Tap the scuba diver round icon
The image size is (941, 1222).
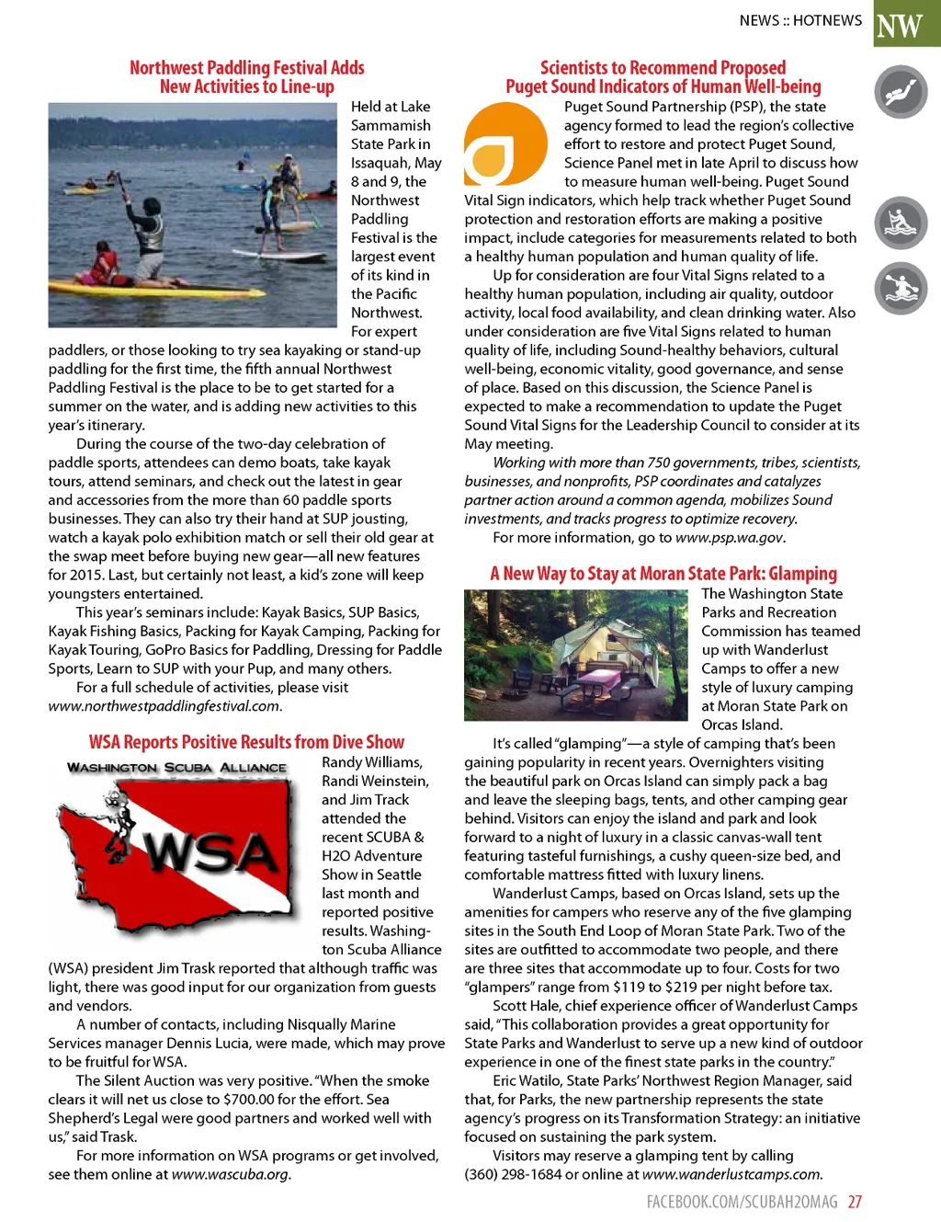tap(901, 93)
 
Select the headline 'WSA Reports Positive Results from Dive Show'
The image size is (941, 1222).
tap(246, 742)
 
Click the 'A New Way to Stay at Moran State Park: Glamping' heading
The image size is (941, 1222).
tap(663, 574)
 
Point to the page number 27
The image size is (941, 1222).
tap(855, 1202)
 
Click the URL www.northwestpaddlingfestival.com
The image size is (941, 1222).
tap(164, 706)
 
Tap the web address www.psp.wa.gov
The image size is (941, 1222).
tap(730, 538)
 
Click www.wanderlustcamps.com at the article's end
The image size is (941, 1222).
tap(731, 1174)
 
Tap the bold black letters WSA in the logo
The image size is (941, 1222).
tap(212, 853)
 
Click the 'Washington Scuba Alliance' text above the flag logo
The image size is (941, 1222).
tap(177, 768)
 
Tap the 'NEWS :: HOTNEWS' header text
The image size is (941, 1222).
tap(800, 20)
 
